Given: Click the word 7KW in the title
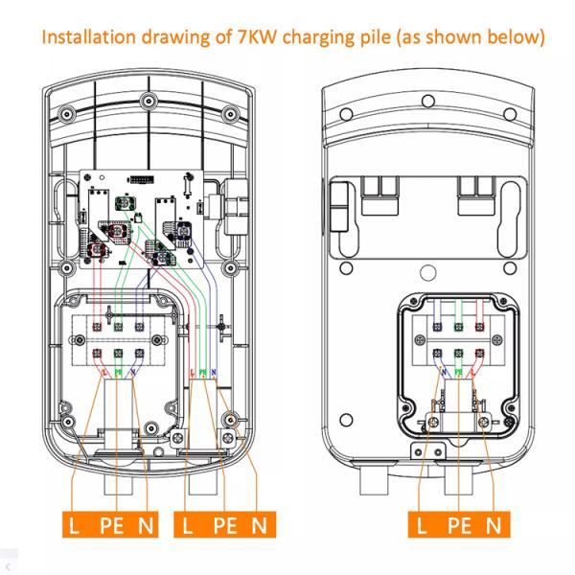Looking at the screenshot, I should point(253,37).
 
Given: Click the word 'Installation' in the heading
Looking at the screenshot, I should point(81,37).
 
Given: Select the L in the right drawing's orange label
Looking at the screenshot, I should point(423,524).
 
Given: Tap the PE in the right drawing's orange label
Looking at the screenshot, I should point(457,524).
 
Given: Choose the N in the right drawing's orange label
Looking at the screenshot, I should point(493,524).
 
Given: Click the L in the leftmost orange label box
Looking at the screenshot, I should point(75,524).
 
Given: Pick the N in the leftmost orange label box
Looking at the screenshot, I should point(146,524).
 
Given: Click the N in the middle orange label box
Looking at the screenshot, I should point(257,524).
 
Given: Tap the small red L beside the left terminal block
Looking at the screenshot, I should point(103,371).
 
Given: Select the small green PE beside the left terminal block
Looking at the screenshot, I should point(118,371).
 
